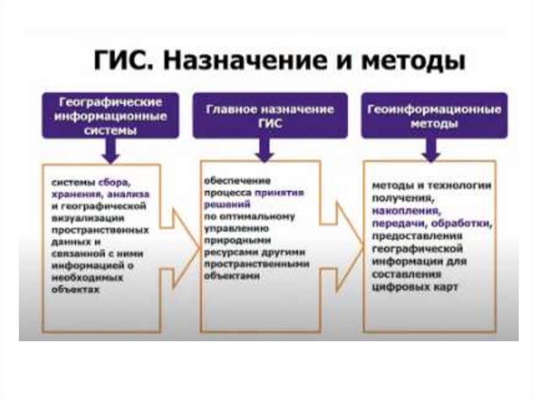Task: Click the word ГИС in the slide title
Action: [x=123, y=62]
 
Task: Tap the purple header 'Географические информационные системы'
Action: [x=110, y=115]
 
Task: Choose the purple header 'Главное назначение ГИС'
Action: [x=270, y=115]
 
